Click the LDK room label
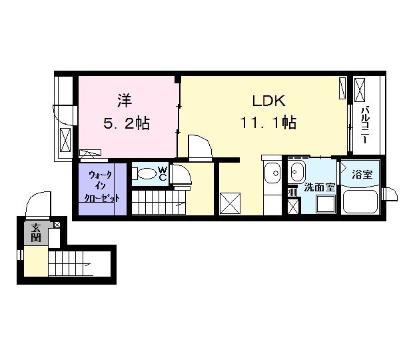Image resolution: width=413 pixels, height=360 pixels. [x=269, y=101]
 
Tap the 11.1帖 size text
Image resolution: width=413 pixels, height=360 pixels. [x=268, y=123]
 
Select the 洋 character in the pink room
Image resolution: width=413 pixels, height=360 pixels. [x=125, y=101]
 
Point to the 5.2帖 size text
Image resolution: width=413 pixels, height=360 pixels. [x=127, y=123]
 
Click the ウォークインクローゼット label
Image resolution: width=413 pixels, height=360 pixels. [x=101, y=186]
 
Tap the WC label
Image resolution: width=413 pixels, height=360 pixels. [x=163, y=173]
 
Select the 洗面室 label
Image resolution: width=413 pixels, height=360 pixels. [x=320, y=187]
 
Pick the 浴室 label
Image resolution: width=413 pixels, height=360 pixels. [x=362, y=174]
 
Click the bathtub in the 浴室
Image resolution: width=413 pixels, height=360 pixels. [x=360, y=201]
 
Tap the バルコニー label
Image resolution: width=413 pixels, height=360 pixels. [x=365, y=125]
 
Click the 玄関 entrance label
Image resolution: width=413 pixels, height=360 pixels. [x=36, y=233]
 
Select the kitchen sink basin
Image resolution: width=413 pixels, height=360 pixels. [x=272, y=173]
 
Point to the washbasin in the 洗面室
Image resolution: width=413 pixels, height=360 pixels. [x=296, y=171]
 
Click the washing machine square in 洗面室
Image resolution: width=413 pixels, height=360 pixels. [x=326, y=204]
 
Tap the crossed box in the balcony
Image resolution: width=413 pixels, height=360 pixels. [x=360, y=90]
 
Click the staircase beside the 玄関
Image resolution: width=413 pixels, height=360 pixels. [x=71, y=263]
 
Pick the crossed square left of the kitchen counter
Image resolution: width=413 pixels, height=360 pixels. [x=230, y=203]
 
